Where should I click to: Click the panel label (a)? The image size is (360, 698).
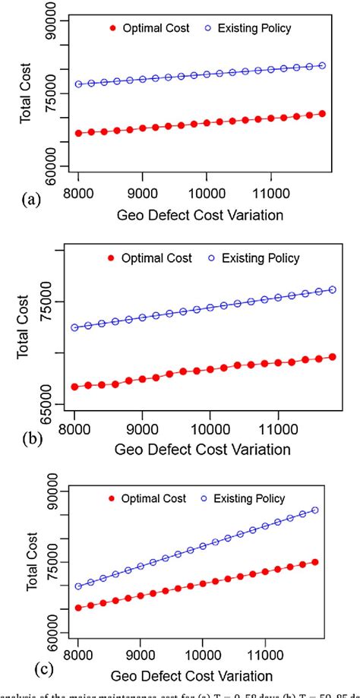click(31, 200)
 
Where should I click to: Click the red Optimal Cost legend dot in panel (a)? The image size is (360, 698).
click(114, 28)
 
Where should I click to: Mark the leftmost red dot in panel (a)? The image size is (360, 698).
click(79, 133)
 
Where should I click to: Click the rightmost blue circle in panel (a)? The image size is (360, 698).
click(323, 66)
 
